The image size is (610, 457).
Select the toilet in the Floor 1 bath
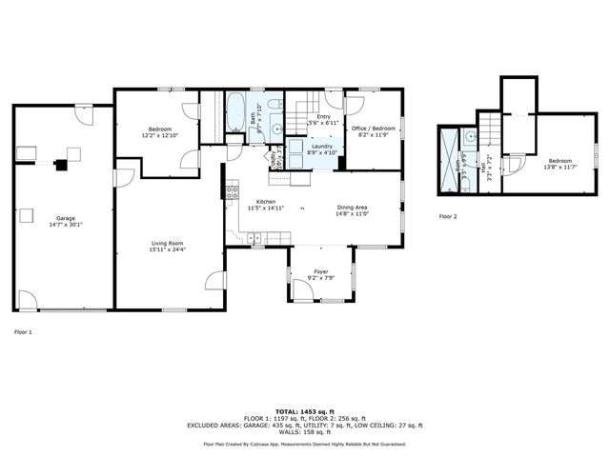(x=274, y=105)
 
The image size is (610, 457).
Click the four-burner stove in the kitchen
(x=231, y=193)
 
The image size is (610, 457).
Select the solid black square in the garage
(x=64, y=165)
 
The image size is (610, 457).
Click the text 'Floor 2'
(x=449, y=217)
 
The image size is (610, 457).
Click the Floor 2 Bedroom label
(x=559, y=163)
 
